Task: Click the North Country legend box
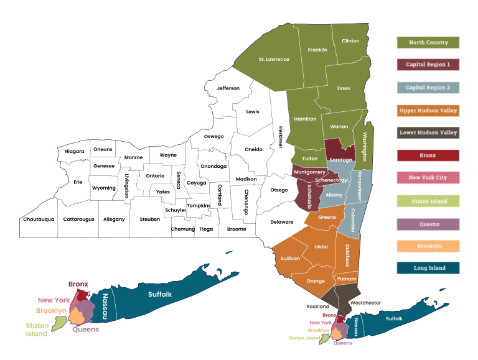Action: click(428, 42)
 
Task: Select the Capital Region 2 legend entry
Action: click(428, 88)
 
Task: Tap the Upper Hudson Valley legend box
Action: click(428, 111)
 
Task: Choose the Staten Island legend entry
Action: click(428, 201)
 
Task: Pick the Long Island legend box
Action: click(428, 268)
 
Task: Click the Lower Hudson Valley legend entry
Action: click(428, 132)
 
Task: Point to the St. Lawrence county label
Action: click(274, 60)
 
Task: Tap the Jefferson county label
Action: click(228, 88)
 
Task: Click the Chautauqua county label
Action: click(39, 219)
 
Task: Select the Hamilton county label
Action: click(305, 118)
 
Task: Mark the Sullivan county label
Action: click(290, 257)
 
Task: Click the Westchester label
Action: click(365, 303)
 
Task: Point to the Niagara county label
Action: click(74, 151)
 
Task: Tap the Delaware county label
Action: click(281, 222)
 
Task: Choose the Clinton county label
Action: click(350, 41)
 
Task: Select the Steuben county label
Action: click(149, 219)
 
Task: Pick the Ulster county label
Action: click(321, 247)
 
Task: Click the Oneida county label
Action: click(253, 149)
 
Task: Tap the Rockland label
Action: click(317, 307)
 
